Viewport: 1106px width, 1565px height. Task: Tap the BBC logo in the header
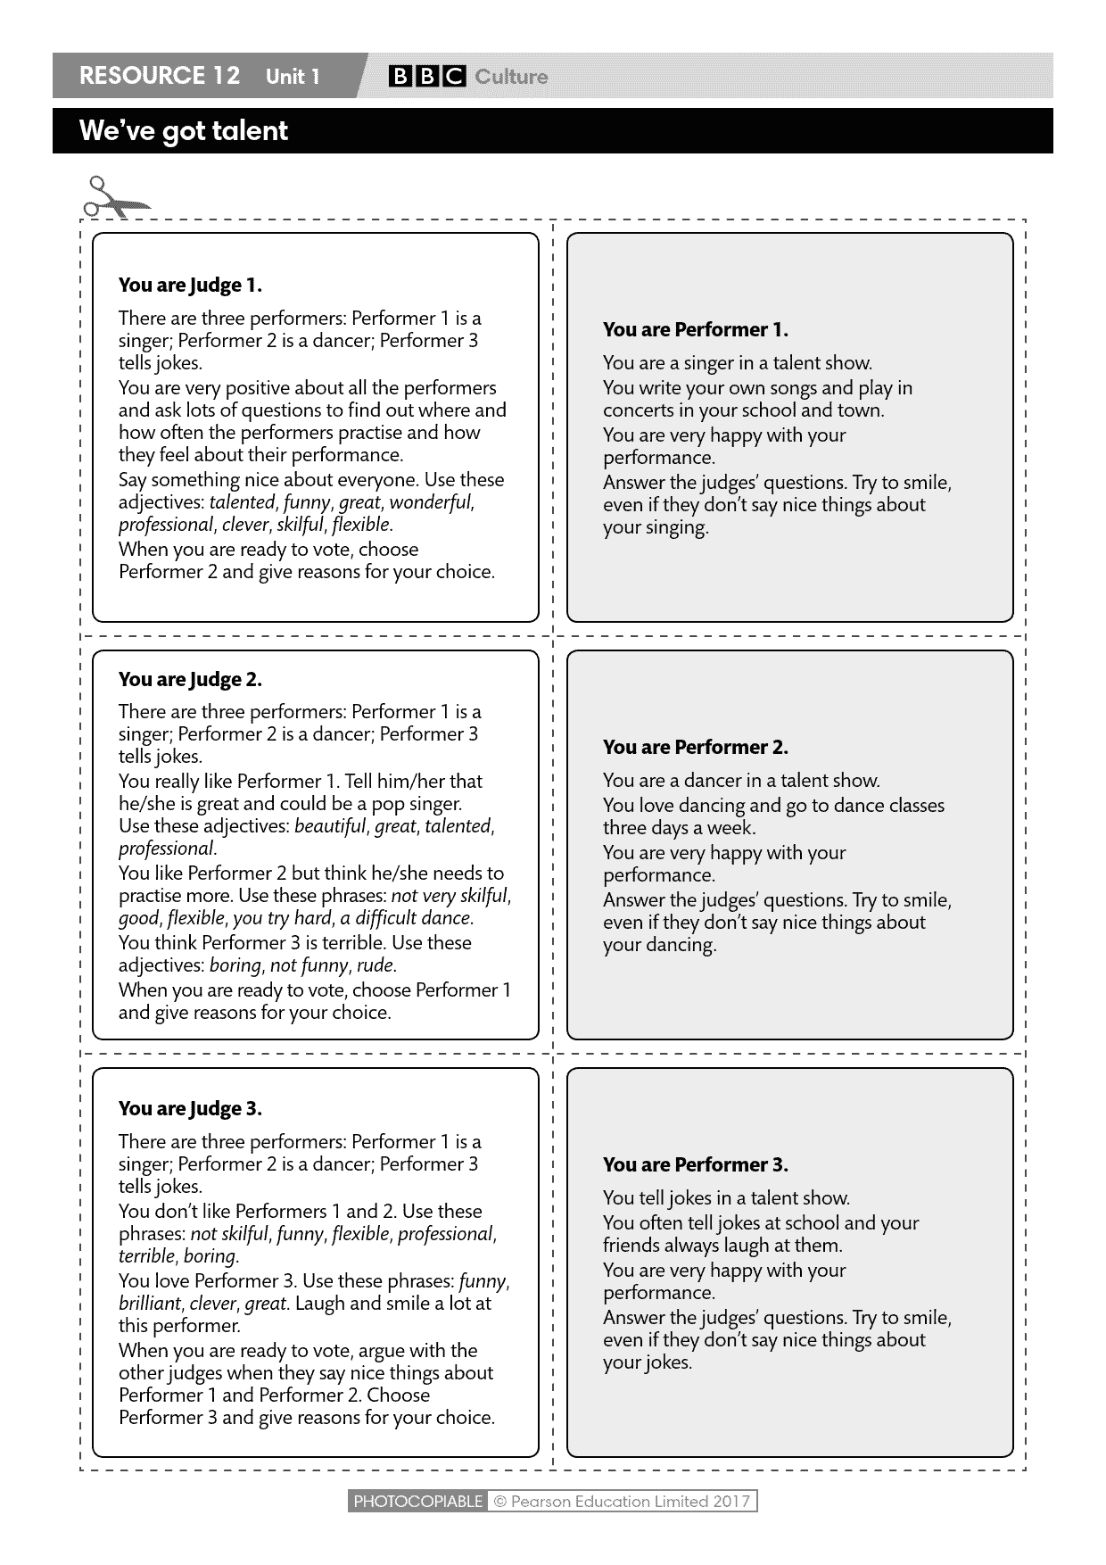tap(425, 77)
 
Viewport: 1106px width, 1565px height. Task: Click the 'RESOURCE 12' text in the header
tap(160, 76)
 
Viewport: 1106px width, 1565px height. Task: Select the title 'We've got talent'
tap(183, 131)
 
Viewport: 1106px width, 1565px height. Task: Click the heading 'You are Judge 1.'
tap(190, 286)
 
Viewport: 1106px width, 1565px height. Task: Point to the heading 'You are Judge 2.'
tap(190, 680)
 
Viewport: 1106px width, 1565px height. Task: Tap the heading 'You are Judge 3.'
tap(190, 1109)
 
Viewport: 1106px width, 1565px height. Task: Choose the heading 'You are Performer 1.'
tap(696, 330)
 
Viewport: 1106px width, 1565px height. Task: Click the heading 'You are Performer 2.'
tap(696, 748)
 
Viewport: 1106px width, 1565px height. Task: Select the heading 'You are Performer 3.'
tap(696, 1165)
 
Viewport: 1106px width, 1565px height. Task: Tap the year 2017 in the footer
tap(731, 1502)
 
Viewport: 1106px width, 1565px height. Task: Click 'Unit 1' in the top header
tap(293, 77)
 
